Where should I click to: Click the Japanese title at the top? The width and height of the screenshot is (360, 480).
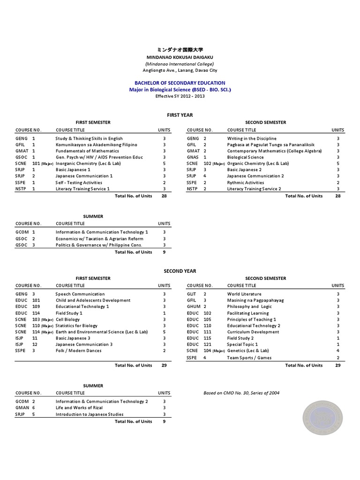coord(180,50)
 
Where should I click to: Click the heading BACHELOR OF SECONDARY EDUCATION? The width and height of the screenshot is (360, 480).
coord(180,83)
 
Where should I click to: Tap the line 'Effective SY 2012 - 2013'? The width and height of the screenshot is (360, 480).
coord(180,96)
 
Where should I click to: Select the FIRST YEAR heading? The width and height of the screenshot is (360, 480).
coord(180,115)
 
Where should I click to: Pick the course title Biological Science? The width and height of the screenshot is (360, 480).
coord(246,157)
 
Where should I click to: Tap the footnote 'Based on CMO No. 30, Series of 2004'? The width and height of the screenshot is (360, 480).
coord(241,393)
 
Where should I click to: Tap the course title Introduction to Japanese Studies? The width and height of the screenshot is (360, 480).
coord(90,414)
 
